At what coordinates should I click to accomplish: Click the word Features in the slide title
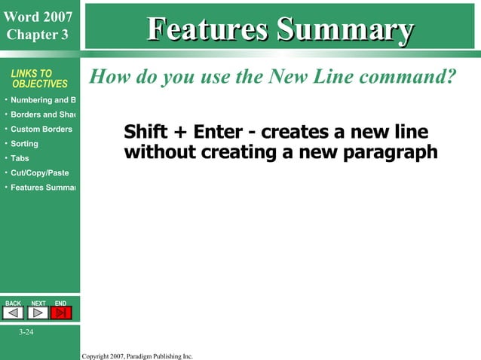point(208,29)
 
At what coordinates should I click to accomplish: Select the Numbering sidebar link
point(43,100)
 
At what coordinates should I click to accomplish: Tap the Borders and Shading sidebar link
point(43,114)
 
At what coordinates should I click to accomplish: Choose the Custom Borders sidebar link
point(41,129)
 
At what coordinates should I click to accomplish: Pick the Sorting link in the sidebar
point(24,143)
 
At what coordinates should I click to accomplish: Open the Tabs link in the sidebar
point(20,158)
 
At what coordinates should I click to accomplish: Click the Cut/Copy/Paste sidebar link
point(40,172)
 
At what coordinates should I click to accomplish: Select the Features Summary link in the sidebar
point(43,187)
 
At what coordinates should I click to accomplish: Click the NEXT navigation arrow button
point(38,313)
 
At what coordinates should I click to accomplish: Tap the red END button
point(61,313)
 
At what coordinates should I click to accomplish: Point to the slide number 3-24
point(26,332)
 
